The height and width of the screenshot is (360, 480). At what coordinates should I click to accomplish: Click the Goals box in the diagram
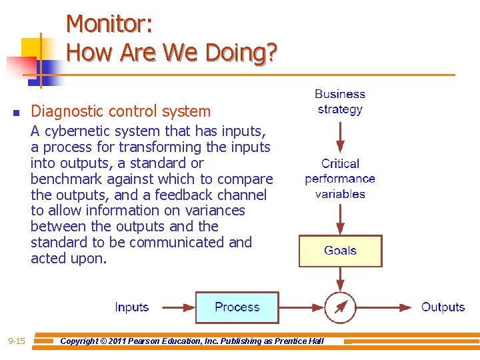pyautogui.click(x=340, y=251)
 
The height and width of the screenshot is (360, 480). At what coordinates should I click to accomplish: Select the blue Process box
pyautogui.click(x=237, y=307)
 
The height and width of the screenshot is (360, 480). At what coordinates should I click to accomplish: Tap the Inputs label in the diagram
pyautogui.click(x=131, y=307)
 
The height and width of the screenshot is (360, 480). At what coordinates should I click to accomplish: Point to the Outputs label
pyautogui.click(x=443, y=307)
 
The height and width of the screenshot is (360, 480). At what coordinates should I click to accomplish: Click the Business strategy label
pyautogui.click(x=340, y=102)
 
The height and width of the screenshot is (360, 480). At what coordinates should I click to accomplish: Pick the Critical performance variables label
pyautogui.click(x=340, y=179)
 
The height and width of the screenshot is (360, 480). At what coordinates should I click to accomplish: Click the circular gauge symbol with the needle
pyautogui.click(x=341, y=307)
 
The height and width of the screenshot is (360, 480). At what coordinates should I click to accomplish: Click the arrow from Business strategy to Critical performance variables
pyautogui.click(x=341, y=137)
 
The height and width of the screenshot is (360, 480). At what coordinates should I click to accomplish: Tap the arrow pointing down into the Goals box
pyautogui.click(x=341, y=219)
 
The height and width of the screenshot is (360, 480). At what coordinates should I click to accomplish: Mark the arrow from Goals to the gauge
pyautogui.click(x=341, y=279)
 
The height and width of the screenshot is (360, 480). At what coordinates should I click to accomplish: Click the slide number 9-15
pyautogui.click(x=17, y=341)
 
